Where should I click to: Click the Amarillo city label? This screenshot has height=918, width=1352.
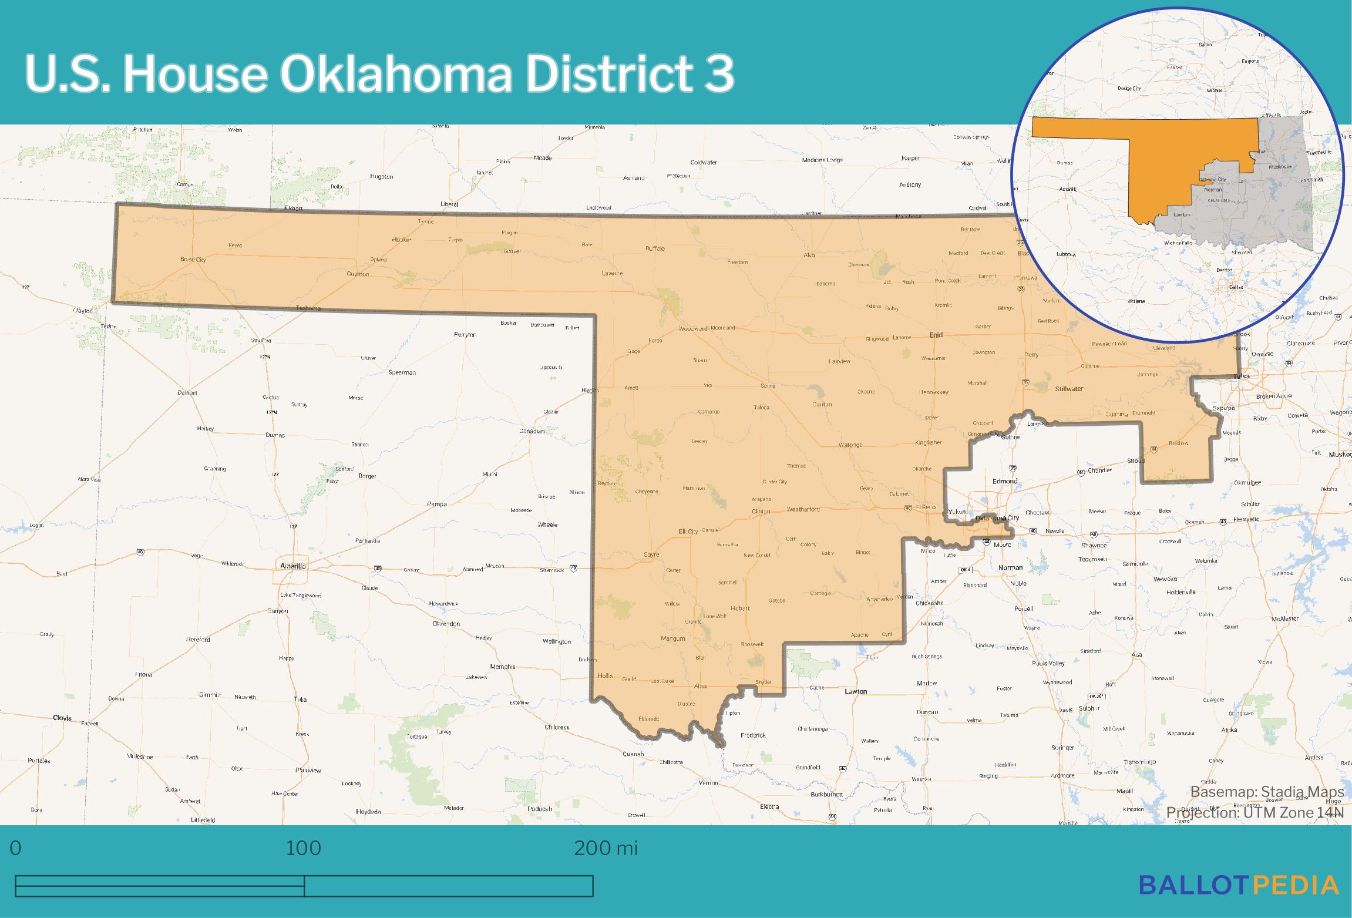[292, 566]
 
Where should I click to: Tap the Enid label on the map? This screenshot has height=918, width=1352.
[936, 335]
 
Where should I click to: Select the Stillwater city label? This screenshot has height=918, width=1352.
[1069, 389]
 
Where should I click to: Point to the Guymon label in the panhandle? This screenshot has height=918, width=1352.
[358, 274]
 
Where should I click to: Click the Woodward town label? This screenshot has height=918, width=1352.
[692, 328]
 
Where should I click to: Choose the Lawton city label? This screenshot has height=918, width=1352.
[856, 691]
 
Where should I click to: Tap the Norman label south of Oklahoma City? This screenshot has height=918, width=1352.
[1010, 567]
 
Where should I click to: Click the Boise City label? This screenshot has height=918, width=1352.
[193, 259]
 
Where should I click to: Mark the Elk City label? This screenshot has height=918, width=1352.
[688, 532]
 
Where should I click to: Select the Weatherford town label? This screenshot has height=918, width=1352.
[803, 509]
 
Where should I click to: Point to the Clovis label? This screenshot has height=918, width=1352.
[62, 718]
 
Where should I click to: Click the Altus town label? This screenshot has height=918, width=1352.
[701, 686]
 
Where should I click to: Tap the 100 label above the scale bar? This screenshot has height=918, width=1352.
[304, 848]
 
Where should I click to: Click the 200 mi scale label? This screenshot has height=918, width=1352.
[605, 848]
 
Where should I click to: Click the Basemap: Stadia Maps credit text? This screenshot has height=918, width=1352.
[1267, 792]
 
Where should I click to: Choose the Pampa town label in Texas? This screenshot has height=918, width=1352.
[436, 504]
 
